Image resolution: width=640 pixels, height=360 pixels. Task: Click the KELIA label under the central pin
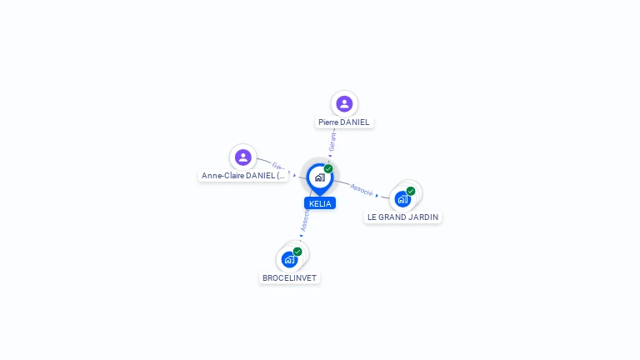click(320, 203)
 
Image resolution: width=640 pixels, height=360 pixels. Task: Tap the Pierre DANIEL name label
click(343, 122)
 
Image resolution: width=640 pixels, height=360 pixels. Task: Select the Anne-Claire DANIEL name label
click(243, 176)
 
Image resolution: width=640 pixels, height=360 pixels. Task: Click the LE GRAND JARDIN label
click(402, 217)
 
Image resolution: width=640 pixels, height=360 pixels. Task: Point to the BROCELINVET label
click(289, 278)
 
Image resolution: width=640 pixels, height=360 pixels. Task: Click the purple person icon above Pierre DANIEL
click(344, 103)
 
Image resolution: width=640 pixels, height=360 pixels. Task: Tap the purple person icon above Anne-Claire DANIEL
click(242, 157)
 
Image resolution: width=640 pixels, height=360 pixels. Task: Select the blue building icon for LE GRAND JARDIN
click(402, 199)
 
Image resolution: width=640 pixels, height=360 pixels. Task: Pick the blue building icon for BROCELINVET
click(289, 259)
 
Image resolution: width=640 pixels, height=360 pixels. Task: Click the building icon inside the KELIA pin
click(319, 177)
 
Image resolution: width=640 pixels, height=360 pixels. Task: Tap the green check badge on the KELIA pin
click(328, 168)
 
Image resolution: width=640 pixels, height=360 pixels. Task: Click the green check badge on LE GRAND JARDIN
click(411, 191)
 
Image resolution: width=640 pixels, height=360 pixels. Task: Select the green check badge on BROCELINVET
click(297, 252)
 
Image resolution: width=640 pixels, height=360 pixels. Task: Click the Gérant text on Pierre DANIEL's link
click(333, 141)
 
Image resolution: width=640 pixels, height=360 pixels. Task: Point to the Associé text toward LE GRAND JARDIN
click(362, 189)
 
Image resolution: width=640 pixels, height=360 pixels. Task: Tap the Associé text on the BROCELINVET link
click(305, 220)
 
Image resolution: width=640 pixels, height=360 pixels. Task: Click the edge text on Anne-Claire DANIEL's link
click(279, 167)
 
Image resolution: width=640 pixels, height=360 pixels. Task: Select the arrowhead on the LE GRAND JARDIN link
click(377, 196)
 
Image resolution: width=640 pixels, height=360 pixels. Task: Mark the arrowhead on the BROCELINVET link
click(302, 236)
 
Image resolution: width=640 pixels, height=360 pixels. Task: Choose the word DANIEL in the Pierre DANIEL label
click(354, 122)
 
